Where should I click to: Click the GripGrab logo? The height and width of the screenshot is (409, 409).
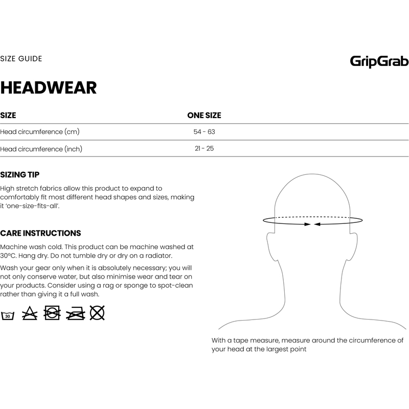point(379,62)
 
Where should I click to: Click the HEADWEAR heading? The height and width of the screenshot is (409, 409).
point(49,87)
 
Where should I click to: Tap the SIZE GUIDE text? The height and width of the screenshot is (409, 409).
point(21,58)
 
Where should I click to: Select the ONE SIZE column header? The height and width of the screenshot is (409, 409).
point(204,116)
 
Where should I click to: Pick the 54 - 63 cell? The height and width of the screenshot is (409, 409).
point(204,132)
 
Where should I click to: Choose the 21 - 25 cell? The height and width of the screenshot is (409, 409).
point(204,149)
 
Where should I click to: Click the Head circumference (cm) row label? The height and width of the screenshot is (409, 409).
point(40,132)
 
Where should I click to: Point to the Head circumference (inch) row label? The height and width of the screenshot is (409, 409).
point(41,149)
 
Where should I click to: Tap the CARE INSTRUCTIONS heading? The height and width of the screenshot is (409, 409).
point(40,233)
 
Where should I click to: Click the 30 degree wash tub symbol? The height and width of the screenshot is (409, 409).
point(8,314)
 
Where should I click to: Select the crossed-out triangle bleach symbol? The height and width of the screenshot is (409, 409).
point(30,313)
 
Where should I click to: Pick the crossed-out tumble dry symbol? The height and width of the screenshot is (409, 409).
point(53,313)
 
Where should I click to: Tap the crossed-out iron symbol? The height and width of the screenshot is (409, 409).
point(75,313)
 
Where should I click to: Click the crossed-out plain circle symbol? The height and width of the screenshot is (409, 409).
point(97,313)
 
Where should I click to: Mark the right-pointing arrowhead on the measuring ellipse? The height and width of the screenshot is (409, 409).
point(307,224)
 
